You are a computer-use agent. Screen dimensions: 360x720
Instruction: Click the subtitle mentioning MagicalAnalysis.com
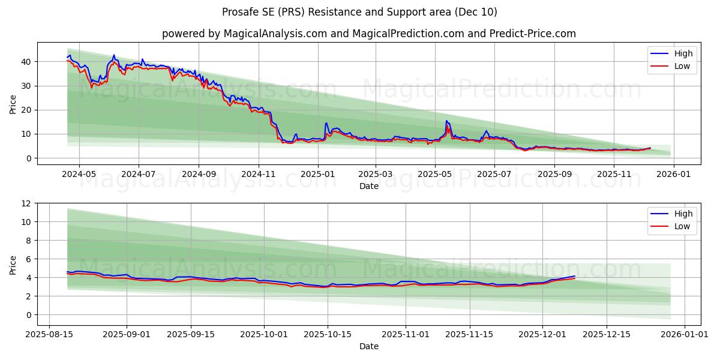tap(368, 34)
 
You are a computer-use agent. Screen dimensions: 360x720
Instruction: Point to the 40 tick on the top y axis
tap(26, 62)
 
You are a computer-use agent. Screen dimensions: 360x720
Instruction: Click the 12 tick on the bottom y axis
tap(26, 203)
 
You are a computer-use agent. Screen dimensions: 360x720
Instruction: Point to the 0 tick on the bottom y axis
tap(29, 315)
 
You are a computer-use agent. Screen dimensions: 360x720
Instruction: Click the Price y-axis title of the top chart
tap(13, 104)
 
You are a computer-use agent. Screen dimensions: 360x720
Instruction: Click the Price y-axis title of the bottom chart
tap(13, 264)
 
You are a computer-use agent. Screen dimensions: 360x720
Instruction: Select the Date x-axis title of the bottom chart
tap(368, 346)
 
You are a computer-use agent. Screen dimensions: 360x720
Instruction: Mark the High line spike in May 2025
tap(446, 121)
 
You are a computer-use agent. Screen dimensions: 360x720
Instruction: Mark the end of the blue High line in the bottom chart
tap(575, 276)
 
